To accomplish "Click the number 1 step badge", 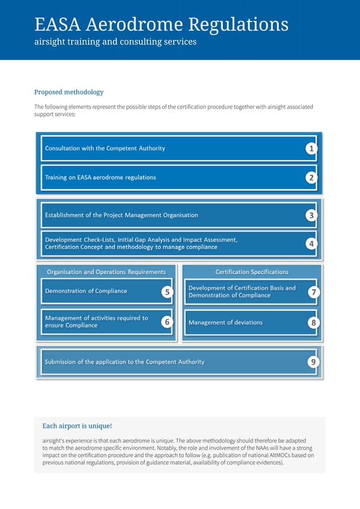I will tap(311, 148).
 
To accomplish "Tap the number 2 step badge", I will tap(311, 178).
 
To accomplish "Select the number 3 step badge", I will tap(311, 215).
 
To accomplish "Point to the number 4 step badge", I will tap(311, 244).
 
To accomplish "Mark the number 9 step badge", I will tap(312, 362).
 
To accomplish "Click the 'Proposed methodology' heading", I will tap(69, 92).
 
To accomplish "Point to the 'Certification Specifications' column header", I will tap(252, 272).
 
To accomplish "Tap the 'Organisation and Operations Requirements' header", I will tap(106, 272).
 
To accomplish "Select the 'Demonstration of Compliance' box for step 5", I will tap(86, 291).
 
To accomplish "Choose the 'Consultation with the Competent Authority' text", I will tap(105, 148).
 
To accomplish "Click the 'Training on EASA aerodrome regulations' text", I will tap(100, 178).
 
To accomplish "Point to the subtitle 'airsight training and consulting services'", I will tap(115, 42).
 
